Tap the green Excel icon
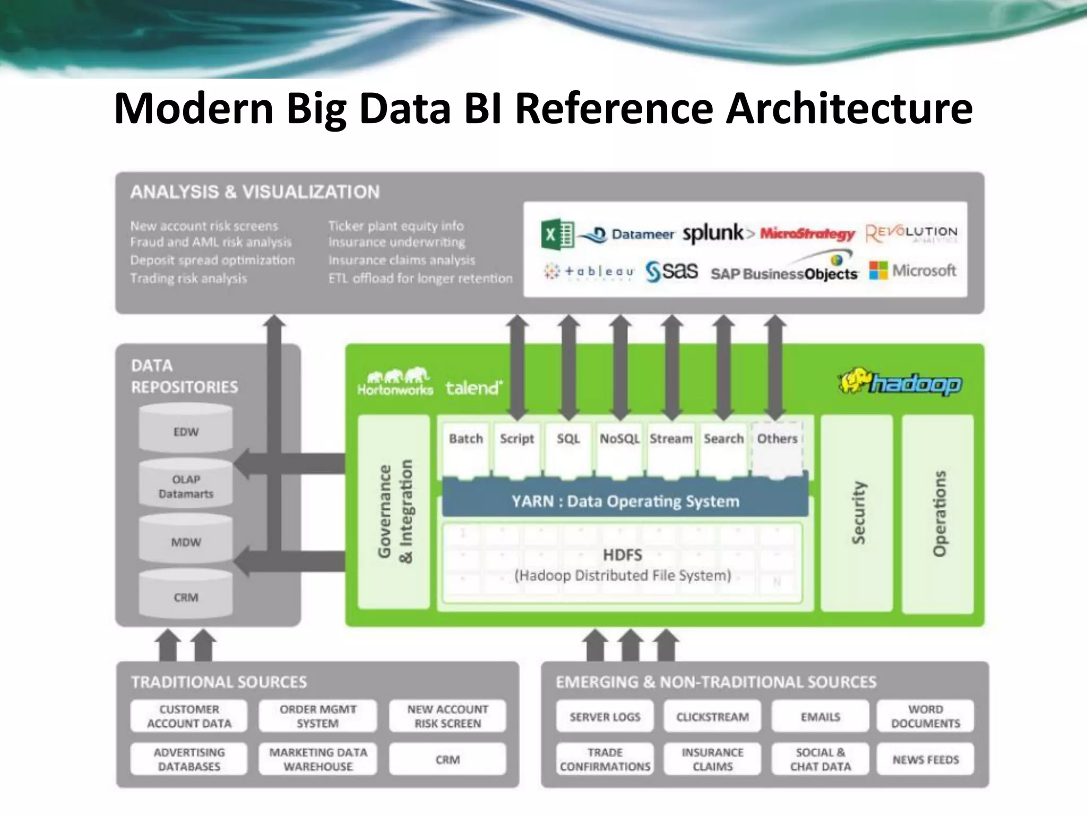pos(557,233)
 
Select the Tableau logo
pos(589,272)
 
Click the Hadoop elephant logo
pos(900,383)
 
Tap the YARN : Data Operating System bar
pos(625,501)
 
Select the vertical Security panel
pos(857,513)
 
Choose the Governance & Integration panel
pos(394,513)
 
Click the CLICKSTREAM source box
pos(712,717)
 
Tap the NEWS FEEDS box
pos(925,760)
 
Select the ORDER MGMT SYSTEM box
pos(318,716)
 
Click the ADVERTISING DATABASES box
pos(189,759)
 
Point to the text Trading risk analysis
pos(188,279)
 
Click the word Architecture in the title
pos(849,108)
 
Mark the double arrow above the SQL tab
pos(568,366)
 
